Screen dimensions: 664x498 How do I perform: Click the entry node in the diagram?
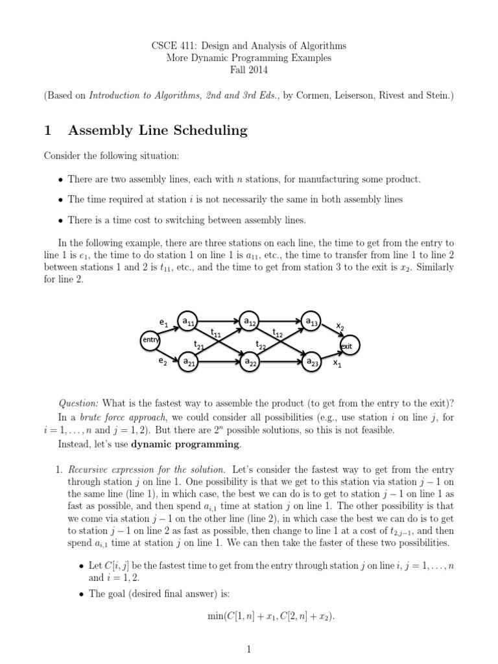click(x=150, y=340)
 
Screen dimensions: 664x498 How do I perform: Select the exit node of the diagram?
click(x=347, y=346)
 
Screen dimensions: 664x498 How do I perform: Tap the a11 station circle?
click(x=189, y=321)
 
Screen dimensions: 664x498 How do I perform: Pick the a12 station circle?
click(x=250, y=321)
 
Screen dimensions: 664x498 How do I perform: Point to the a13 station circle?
click(x=311, y=321)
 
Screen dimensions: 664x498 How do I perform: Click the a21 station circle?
click(x=189, y=362)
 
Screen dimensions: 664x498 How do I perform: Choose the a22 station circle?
click(x=250, y=362)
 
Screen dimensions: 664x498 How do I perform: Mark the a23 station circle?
click(x=311, y=362)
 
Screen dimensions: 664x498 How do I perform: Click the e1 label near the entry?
click(x=163, y=322)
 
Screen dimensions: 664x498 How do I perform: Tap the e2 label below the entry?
click(x=163, y=362)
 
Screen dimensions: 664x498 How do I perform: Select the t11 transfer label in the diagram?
click(x=217, y=334)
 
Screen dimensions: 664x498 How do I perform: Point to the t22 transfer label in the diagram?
click(x=260, y=345)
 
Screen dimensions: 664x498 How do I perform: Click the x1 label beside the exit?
click(x=337, y=364)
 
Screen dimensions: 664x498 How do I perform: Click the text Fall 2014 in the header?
click(x=249, y=70)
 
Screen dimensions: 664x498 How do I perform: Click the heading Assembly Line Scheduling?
click(x=158, y=130)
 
